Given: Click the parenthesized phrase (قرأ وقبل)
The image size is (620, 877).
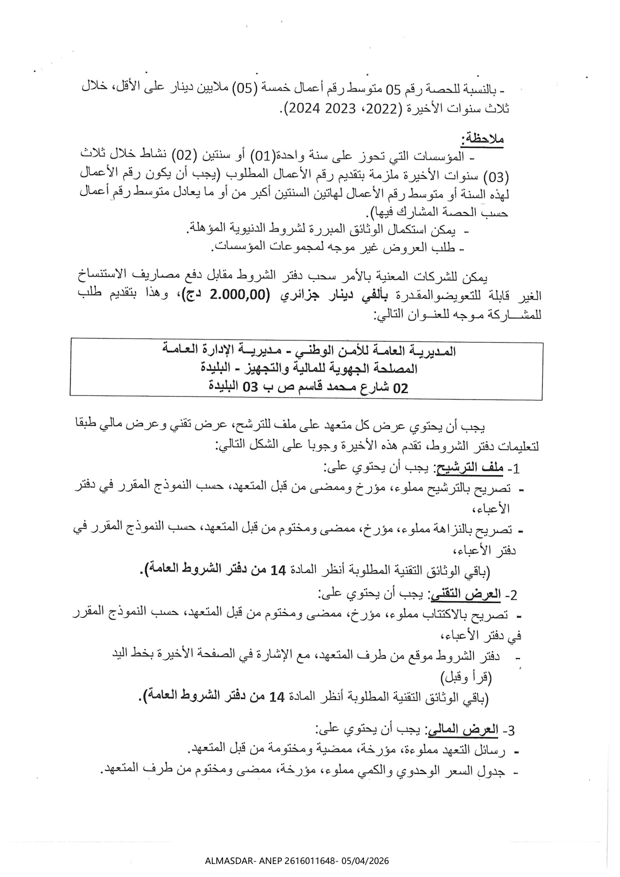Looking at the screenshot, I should click(466, 678).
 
